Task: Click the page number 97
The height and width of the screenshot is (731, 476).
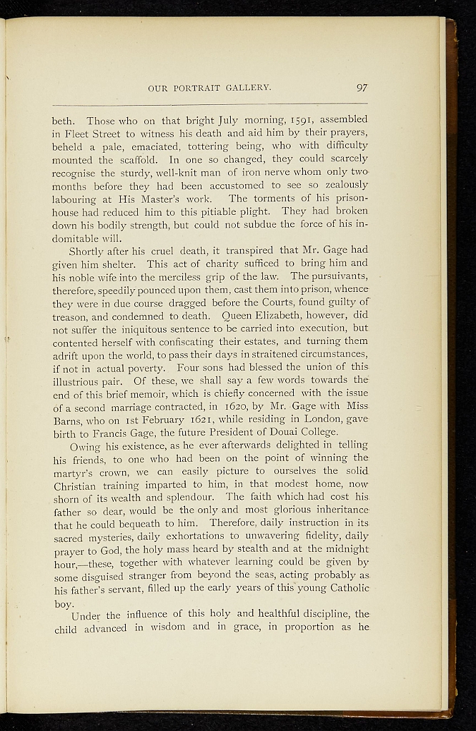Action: point(361,89)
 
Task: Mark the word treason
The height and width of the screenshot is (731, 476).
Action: point(71,316)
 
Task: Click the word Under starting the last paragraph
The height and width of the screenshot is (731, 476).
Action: point(87,615)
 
